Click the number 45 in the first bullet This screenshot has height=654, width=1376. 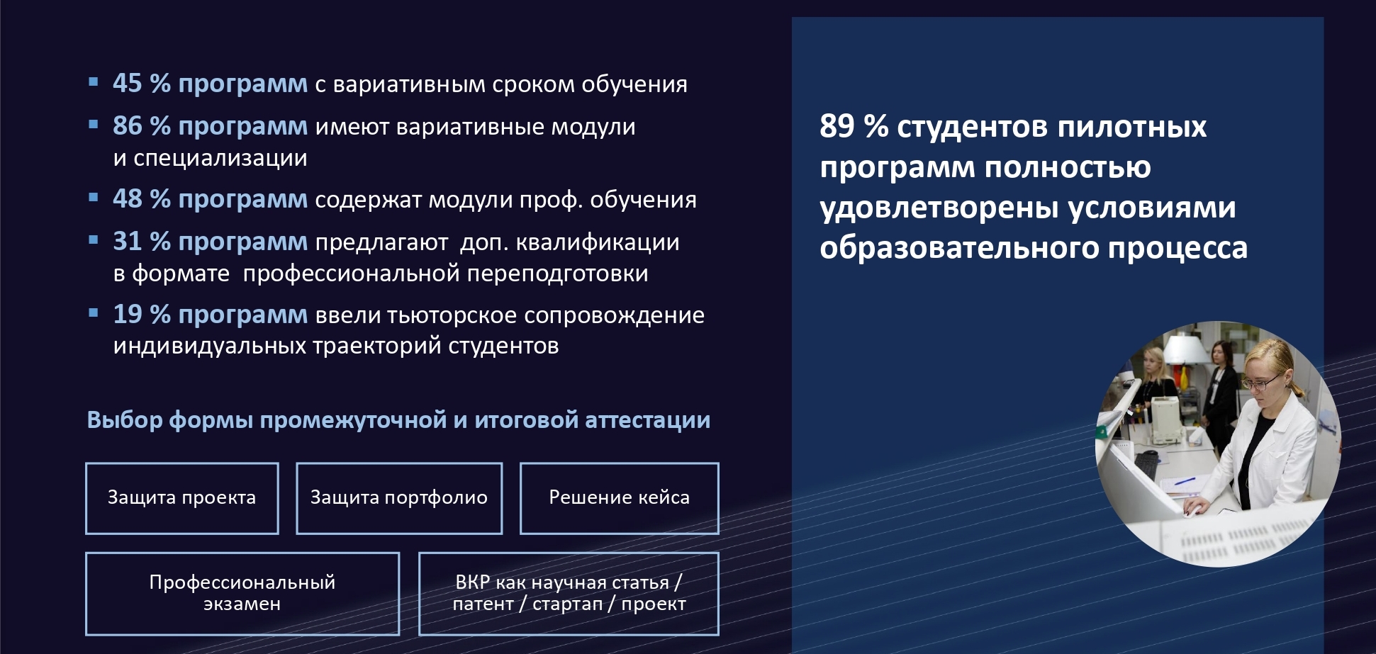click(128, 84)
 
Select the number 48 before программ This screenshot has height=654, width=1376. click(128, 199)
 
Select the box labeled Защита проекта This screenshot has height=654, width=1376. click(182, 498)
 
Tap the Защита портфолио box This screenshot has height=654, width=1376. click(399, 498)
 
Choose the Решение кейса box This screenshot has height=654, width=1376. click(620, 498)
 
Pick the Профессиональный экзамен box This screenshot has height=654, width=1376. click(242, 594)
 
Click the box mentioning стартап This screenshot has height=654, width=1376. click(569, 594)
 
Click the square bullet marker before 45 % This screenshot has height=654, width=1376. click(94, 81)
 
